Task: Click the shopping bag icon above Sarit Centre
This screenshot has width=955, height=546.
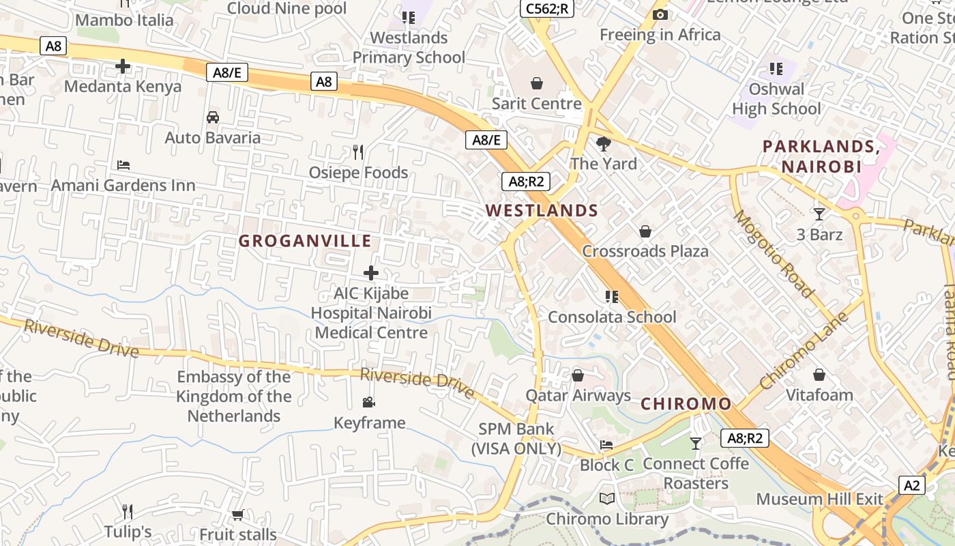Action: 537,83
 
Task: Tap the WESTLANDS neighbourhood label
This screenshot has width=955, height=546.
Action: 542,210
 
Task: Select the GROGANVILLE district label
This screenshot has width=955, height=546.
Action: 305,241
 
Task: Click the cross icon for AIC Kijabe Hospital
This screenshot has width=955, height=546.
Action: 371,273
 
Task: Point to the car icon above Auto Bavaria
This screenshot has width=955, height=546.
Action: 213,117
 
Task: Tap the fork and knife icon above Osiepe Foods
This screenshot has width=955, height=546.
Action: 358,152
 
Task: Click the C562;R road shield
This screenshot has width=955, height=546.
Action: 547,8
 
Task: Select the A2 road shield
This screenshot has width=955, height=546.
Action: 912,485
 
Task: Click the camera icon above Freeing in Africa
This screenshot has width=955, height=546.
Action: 660,14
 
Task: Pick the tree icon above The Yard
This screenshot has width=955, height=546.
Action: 603,143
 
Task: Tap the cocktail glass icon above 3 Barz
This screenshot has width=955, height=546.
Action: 819,214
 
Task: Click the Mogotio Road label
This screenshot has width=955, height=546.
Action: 774,254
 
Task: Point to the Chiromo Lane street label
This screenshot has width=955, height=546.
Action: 804,350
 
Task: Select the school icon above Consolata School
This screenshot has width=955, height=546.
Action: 612,296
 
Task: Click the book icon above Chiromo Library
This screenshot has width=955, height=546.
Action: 607,498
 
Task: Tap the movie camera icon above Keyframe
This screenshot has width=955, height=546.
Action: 369,402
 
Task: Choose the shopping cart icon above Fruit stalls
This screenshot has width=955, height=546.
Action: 237,514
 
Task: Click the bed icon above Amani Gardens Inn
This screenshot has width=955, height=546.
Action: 123,165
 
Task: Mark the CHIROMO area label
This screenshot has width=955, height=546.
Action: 686,404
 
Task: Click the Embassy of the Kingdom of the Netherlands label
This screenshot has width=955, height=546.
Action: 233,397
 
